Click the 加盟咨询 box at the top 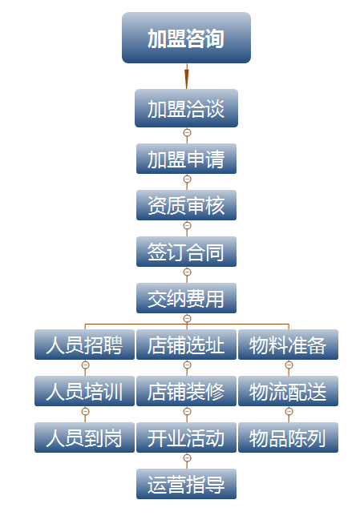click(186, 38)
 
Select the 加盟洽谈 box click(186, 108)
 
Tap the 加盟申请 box click(186, 159)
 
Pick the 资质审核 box click(186, 205)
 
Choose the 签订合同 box click(186, 252)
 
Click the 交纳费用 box click(186, 298)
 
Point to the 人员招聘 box click(85, 345)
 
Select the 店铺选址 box click(186, 345)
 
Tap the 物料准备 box click(288, 345)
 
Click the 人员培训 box click(85, 391)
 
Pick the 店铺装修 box click(186, 391)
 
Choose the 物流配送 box click(288, 391)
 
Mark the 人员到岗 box click(85, 437)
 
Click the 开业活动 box click(186, 437)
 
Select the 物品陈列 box click(288, 437)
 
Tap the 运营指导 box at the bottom click(186, 483)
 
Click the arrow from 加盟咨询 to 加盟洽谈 click(187, 76)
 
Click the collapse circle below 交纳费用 click(187, 319)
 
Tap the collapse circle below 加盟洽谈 click(187, 133)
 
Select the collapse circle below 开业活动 click(187, 458)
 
